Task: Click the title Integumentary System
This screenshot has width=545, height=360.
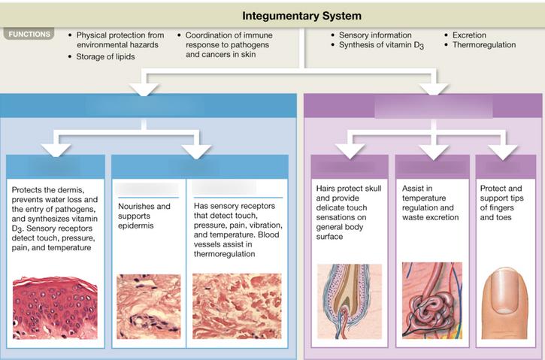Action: coord(301,15)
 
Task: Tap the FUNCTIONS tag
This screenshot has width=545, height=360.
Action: coord(30,34)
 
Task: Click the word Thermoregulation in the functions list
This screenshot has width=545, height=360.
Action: coord(484,45)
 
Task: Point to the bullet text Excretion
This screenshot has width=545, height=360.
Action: coord(469,35)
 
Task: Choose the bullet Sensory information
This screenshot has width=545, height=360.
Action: coord(374,35)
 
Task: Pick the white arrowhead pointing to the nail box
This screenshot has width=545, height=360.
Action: coord(501,151)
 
